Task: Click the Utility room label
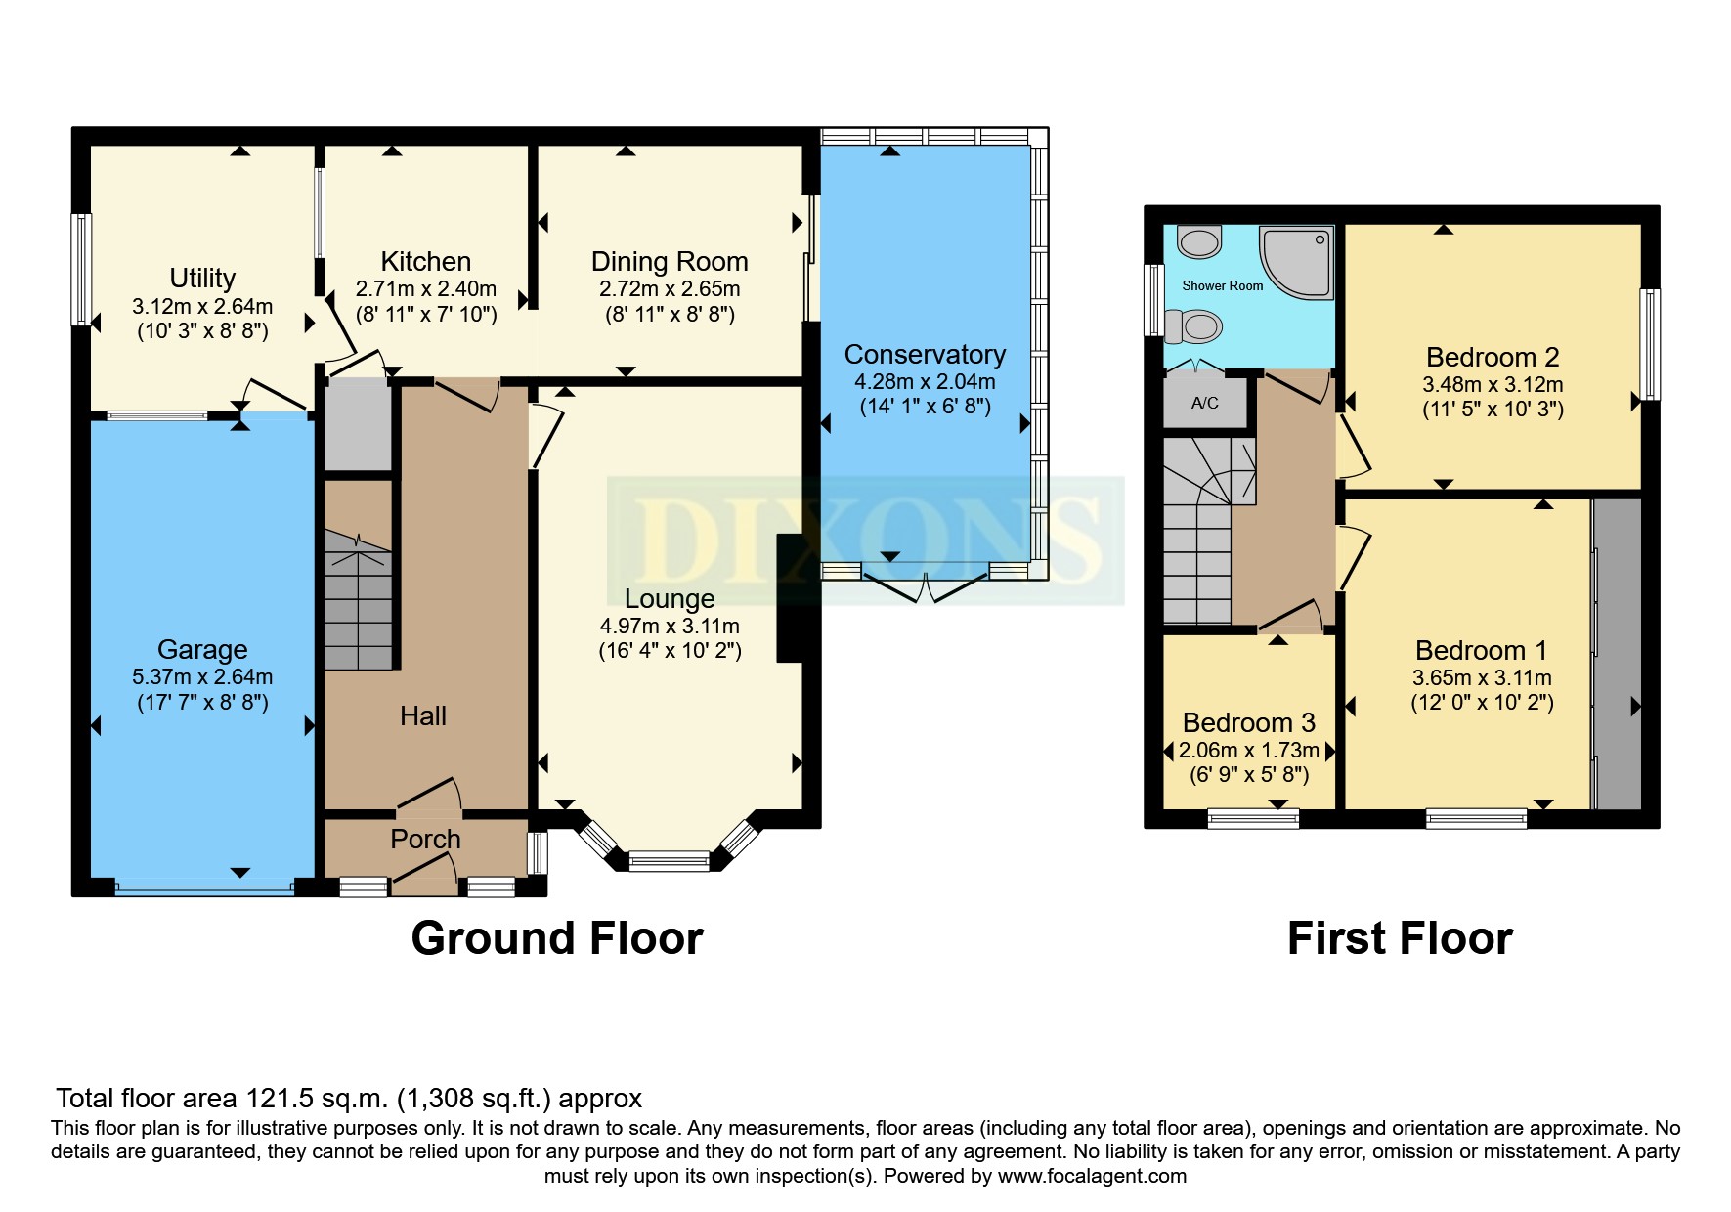click(x=202, y=279)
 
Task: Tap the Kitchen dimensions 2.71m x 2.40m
click(x=426, y=289)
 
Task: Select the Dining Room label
click(x=670, y=262)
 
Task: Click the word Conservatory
click(x=925, y=354)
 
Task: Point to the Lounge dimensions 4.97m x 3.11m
click(x=670, y=626)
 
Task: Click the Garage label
click(x=202, y=649)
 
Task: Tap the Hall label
click(x=422, y=715)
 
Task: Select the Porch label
click(x=425, y=839)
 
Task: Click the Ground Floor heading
click(x=557, y=938)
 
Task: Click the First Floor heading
click(x=1400, y=938)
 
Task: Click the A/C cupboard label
click(x=1204, y=403)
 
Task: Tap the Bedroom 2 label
click(x=1493, y=357)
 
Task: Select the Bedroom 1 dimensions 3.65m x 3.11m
click(x=1482, y=677)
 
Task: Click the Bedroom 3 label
click(x=1248, y=722)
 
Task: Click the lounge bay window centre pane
click(x=670, y=861)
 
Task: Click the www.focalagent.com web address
click(x=1092, y=1176)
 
